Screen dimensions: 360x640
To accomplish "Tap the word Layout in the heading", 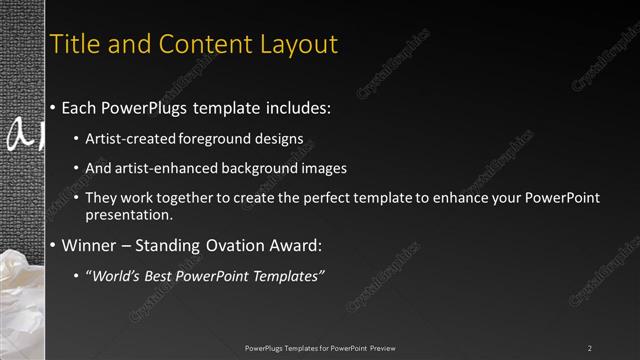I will pyautogui.click(x=297, y=45).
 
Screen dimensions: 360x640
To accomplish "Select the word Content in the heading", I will pyautogui.click(x=187, y=44).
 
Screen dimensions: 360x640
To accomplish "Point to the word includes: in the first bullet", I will pyautogui.click(x=296, y=107).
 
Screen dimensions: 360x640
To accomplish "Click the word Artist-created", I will pyautogui.click(x=127, y=137).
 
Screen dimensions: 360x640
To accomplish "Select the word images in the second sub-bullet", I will pyautogui.click(x=325, y=167).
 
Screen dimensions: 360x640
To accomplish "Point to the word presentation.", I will pyautogui.click(x=130, y=214).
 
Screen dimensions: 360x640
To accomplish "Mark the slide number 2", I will pyautogui.click(x=590, y=348).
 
